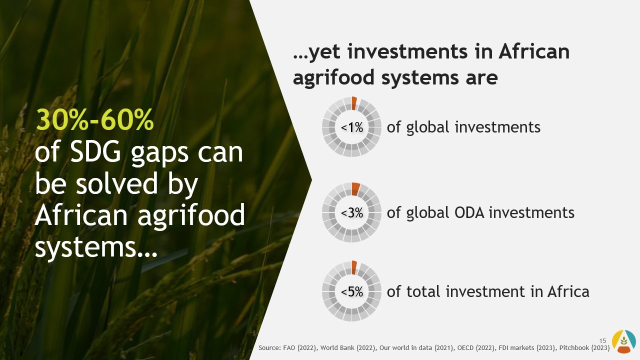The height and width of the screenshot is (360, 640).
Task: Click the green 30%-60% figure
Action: coord(94,120)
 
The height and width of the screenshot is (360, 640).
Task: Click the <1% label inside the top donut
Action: coord(352,127)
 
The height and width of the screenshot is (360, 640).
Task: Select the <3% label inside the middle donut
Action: coord(352,213)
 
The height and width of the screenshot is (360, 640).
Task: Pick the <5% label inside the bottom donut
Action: coord(352,291)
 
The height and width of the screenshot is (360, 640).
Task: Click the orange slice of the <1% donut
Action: coord(354,103)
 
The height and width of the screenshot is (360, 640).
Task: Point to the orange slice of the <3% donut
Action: coord(355,189)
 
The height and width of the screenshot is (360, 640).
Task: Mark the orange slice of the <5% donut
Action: coord(354,267)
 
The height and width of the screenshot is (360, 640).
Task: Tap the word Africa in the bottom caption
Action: coord(568,291)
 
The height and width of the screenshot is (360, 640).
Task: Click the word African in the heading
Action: coord(534,51)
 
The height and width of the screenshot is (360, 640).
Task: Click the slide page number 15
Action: coord(602,341)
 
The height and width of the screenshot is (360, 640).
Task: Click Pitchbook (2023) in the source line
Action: coord(584,347)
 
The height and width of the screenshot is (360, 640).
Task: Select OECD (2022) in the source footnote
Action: coord(476,347)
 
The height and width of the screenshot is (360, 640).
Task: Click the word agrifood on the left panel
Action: coord(191,215)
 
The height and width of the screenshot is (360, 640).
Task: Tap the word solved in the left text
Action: coord(116,183)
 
